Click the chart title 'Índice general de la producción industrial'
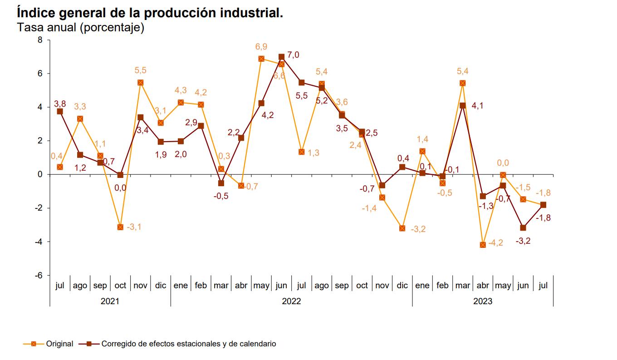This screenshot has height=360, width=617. (150, 12)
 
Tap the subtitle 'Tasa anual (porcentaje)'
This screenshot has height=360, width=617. (80, 28)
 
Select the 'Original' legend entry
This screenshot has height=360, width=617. (59, 344)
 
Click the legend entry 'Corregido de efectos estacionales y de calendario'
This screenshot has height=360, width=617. (188, 344)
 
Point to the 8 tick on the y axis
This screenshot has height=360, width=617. (39, 40)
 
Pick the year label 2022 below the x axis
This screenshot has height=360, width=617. (291, 301)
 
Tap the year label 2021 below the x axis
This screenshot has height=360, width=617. (110, 301)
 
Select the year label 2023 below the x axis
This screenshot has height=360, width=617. (482, 301)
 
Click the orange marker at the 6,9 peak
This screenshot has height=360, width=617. (261, 59)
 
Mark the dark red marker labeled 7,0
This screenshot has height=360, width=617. (281, 57)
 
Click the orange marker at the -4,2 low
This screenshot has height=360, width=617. (483, 245)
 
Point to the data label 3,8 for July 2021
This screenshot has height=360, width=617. (60, 104)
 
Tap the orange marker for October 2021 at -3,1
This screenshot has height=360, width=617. (120, 227)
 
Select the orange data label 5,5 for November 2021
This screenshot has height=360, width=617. (141, 70)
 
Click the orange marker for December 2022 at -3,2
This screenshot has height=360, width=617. (402, 228)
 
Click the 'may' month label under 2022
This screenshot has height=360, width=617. (261, 286)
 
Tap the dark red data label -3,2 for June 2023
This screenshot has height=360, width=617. (523, 241)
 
